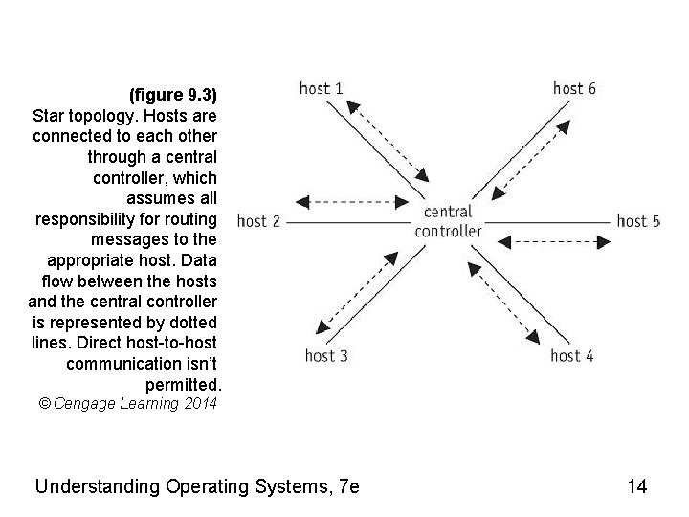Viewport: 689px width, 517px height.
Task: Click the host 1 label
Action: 322,88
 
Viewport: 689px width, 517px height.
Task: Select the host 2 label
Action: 258,221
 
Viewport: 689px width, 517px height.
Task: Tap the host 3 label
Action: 326,356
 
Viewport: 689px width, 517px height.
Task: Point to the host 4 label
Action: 572,356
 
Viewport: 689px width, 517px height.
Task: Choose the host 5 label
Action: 638,221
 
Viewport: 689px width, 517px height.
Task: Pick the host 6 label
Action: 575,88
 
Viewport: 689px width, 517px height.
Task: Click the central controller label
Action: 448,221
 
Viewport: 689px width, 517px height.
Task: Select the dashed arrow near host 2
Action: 346,202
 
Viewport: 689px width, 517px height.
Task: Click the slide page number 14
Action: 637,486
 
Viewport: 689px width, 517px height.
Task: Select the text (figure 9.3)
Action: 173,95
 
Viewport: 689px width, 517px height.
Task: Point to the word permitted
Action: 183,384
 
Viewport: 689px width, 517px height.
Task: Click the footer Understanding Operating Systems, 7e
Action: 196,486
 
